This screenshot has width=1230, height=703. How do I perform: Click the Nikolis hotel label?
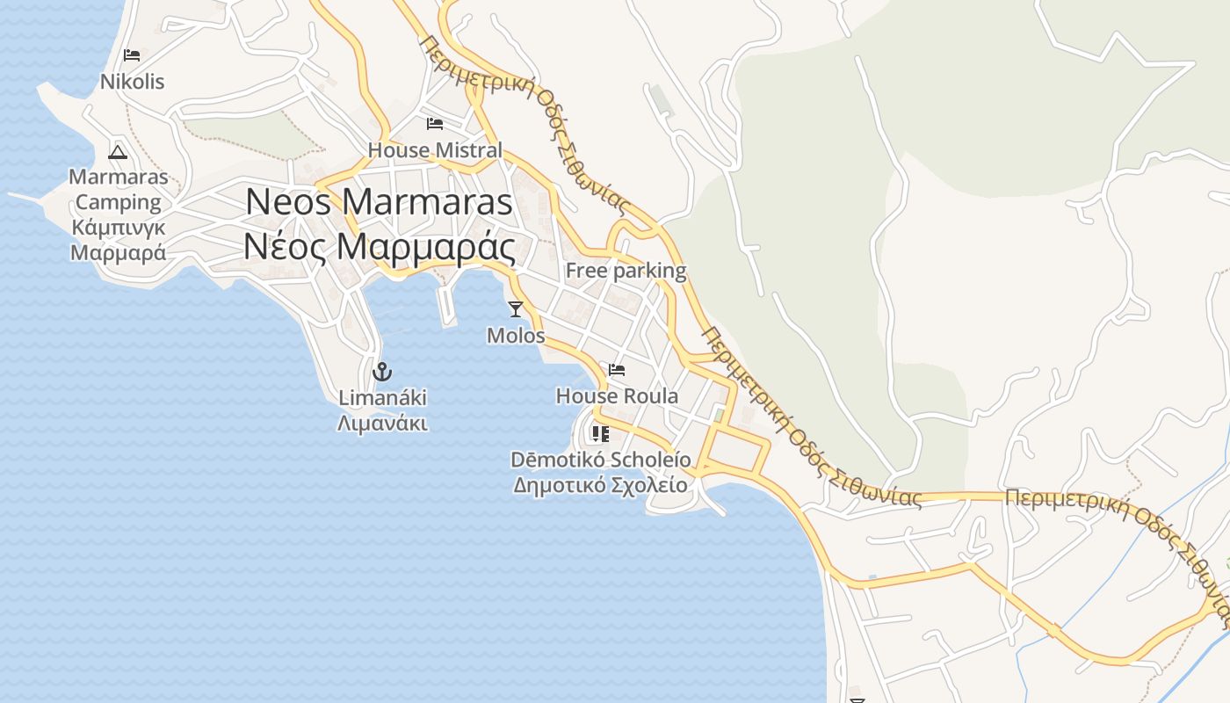pyautogui.click(x=132, y=82)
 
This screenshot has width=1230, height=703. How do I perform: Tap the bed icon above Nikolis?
pyautogui.click(x=132, y=55)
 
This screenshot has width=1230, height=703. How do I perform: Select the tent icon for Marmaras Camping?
pyautogui.click(x=118, y=152)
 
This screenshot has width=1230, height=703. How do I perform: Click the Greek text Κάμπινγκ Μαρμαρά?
pyautogui.click(x=118, y=241)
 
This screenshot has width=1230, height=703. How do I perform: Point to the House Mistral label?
pyautogui.click(x=435, y=150)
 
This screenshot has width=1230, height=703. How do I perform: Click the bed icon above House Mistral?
pyautogui.click(x=435, y=123)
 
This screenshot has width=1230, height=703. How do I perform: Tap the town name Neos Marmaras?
pyautogui.click(x=379, y=201)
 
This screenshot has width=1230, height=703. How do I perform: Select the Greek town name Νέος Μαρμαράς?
pyautogui.click(x=379, y=247)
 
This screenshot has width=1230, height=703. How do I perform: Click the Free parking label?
pyautogui.click(x=626, y=271)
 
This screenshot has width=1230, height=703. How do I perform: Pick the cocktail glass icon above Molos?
pyautogui.click(x=516, y=308)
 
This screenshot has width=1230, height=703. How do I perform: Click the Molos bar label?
pyautogui.click(x=516, y=336)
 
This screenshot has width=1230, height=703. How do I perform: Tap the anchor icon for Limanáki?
pyautogui.click(x=382, y=371)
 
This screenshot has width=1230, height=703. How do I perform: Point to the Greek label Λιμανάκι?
pyautogui.click(x=382, y=424)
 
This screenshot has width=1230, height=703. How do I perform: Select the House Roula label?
pyautogui.click(x=617, y=396)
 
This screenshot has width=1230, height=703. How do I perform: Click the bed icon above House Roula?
pyautogui.click(x=617, y=370)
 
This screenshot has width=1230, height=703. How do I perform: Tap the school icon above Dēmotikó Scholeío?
pyautogui.click(x=601, y=433)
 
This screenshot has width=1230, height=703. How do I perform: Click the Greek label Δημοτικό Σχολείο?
pyautogui.click(x=601, y=484)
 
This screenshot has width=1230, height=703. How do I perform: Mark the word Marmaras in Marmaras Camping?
pyautogui.click(x=118, y=177)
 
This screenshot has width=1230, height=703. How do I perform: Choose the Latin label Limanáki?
pyautogui.click(x=382, y=398)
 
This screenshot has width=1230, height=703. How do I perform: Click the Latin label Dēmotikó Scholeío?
pyautogui.click(x=601, y=460)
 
